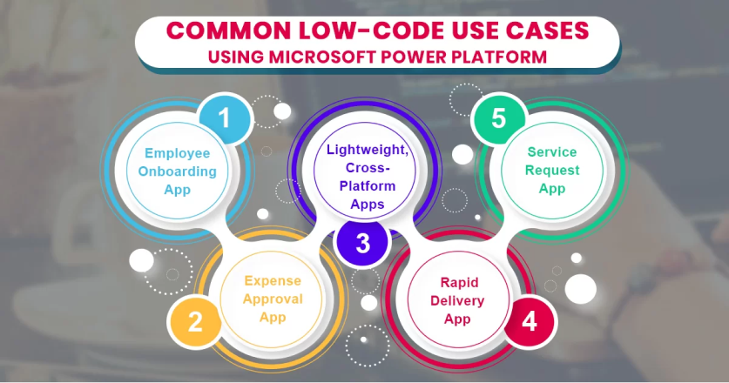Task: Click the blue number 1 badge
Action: (x=225, y=119)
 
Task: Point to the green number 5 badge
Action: (x=498, y=119)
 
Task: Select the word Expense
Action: (x=273, y=280)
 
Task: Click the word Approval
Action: (x=273, y=299)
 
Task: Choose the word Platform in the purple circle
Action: (x=361, y=185)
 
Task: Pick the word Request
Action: (x=552, y=170)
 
